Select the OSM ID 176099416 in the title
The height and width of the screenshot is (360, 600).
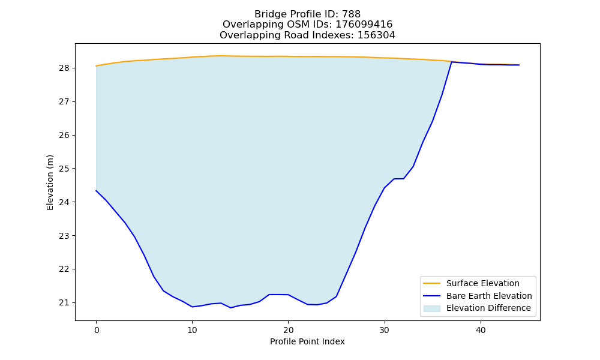point(364,25)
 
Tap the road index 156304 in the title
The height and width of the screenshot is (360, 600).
point(376,35)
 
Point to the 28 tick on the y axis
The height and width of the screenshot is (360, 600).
point(64,68)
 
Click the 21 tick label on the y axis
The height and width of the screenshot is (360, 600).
point(64,302)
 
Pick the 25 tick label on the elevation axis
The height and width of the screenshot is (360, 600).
point(64,169)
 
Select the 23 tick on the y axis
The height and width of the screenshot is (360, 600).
point(64,236)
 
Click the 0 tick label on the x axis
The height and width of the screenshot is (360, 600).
point(97,330)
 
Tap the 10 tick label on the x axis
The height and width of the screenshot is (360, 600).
point(192,330)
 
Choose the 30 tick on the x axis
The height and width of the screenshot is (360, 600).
point(385,330)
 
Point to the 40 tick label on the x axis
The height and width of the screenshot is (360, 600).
point(481,330)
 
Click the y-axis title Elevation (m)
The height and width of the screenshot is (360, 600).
point(50,182)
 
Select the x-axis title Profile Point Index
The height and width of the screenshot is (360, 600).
point(307,341)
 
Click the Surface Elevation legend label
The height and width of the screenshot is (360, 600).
point(482,283)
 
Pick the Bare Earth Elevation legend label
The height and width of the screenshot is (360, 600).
point(489,296)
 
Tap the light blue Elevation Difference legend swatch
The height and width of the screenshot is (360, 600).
point(431,308)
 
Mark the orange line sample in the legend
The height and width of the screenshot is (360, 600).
point(431,283)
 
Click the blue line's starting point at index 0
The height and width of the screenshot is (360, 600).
point(96,191)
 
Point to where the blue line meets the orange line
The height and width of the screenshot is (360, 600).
point(452,62)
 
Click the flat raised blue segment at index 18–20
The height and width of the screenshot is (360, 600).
point(278,295)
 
